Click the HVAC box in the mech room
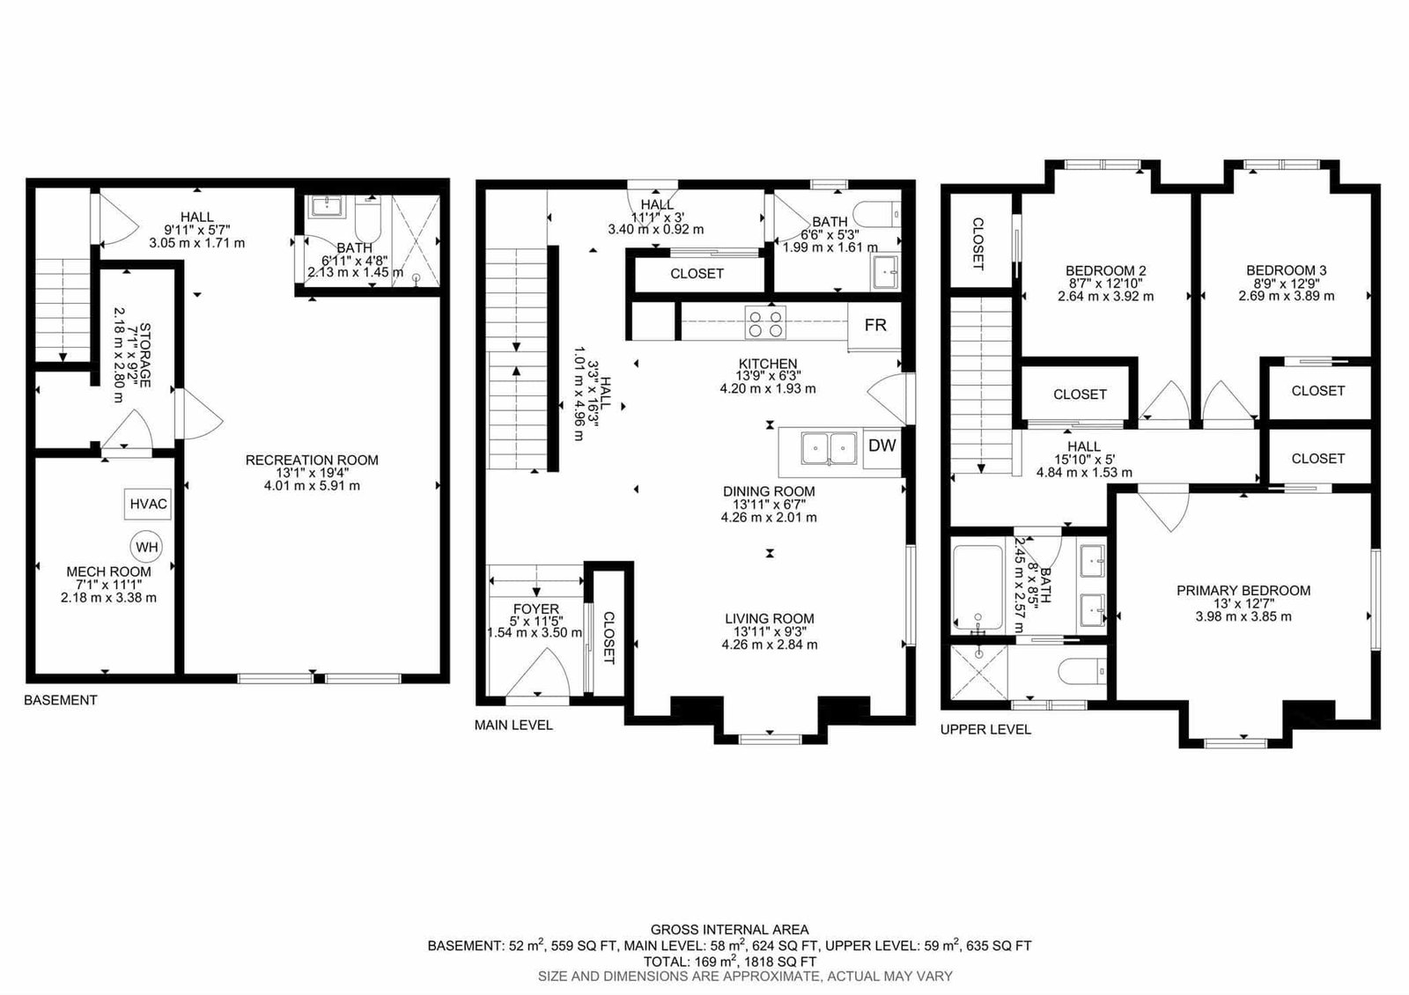pyautogui.click(x=149, y=504)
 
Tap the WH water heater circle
pyautogui.click(x=146, y=547)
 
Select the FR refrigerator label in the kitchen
pyautogui.click(x=875, y=325)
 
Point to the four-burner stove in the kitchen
pyautogui.click(x=765, y=322)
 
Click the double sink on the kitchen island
pyautogui.click(x=829, y=448)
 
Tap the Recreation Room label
pyautogui.click(x=312, y=461)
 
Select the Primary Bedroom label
pyautogui.click(x=1243, y=591)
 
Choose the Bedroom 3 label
pyautogui.click(x=1287, y=270)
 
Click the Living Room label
pyautogui.click(x=770, y=619)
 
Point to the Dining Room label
pyautogui.click(x=769, y=491)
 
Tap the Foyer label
pyautogui.click(x=536, y=608)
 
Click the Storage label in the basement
pyautogui.click(x=144, y=356)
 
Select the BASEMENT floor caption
pyautogui.click(x=61, y=700)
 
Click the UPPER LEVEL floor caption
pyautogui.click(x=985, y=730)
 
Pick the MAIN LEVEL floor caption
pyautogui.click(x=513, y=726)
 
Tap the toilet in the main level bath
pyautogui.click(x=877, y=216)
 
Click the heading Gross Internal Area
pyautogui.click(x=730, y=930)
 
